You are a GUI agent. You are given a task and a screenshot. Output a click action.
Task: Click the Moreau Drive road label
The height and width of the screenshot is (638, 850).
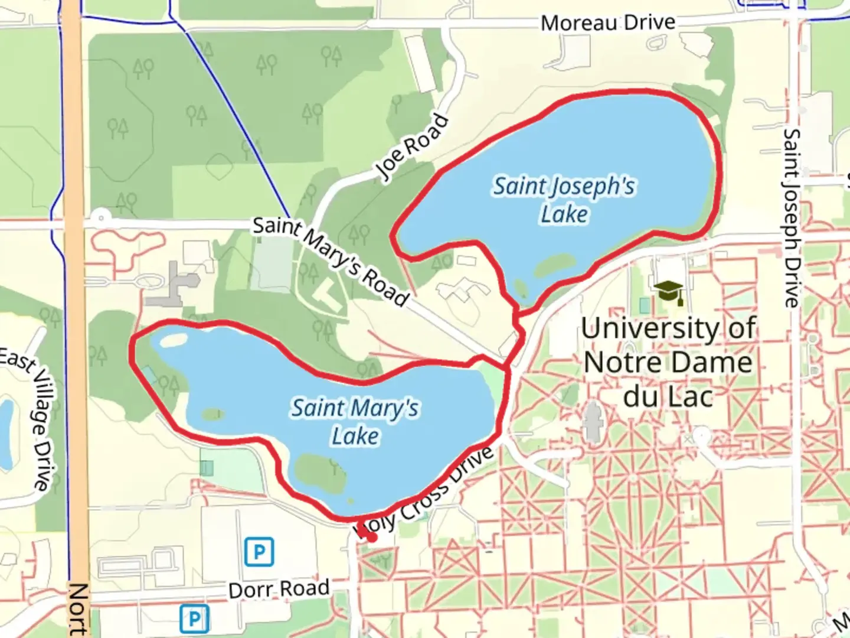click(x=607, y=23)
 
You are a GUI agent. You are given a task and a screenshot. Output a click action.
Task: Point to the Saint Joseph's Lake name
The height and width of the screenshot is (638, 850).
click(x=564, y=200)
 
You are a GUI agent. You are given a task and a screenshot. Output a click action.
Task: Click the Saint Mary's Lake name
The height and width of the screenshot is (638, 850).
click(x=355, y=422)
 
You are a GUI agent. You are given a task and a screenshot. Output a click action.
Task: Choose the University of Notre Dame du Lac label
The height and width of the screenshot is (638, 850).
click(x=668, y=362)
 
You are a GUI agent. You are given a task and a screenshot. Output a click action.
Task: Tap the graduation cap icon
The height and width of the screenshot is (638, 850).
click(x=669, y=292)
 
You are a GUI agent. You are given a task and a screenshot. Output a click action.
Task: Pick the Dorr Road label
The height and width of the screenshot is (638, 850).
click(x=279, y=589)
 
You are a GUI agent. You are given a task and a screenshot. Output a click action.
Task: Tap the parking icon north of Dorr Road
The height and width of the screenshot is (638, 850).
click(x=259, y=552)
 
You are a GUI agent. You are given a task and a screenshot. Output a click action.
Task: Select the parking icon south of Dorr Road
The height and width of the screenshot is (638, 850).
click(x=194, y=619)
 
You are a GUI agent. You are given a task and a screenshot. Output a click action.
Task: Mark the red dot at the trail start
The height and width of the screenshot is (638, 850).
click(x=371, y=537)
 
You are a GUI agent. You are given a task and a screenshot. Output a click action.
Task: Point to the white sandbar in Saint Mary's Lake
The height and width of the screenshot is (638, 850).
click(x=170, y=341)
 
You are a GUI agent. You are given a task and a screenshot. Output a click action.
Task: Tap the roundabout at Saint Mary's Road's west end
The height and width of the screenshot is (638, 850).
click(x=102, y=217)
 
